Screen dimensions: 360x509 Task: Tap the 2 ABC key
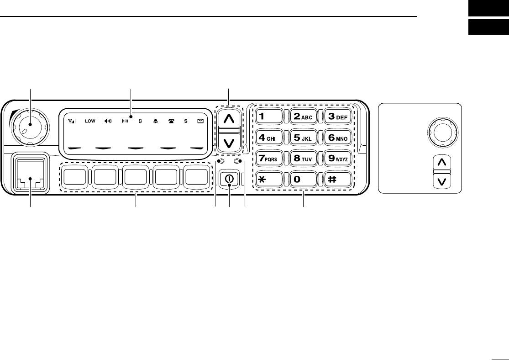(x=300, y=116)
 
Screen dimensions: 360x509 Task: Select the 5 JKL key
(x=300, y=137)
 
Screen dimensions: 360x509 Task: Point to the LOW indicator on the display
(x=90, y=122)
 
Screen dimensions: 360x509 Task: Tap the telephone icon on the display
(x=171, y=122)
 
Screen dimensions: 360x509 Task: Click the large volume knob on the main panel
(x=30, y=125)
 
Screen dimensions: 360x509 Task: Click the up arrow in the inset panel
(x=441, y=162)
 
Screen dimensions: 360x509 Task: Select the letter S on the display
(x=186, y=122)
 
